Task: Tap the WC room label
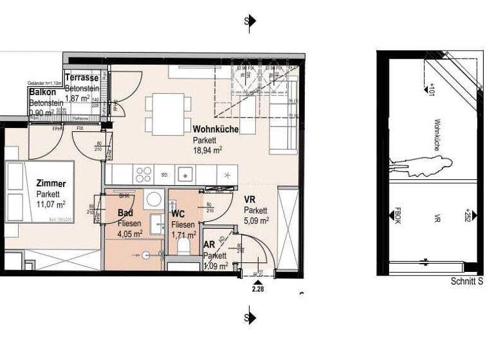[178, 213]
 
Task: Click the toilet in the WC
[183, 244]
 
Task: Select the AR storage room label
[209, 245]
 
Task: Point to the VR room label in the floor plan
[250, 199]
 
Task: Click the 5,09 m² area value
[256, 220]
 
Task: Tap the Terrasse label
[81, 78]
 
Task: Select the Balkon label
[43, 93]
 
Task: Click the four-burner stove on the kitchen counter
[143, 174]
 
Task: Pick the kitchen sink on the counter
[186, 174]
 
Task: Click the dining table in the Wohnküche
[168, 114]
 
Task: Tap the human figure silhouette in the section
[421, 166]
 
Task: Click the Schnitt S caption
[466, 282]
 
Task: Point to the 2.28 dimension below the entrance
[258, 289]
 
